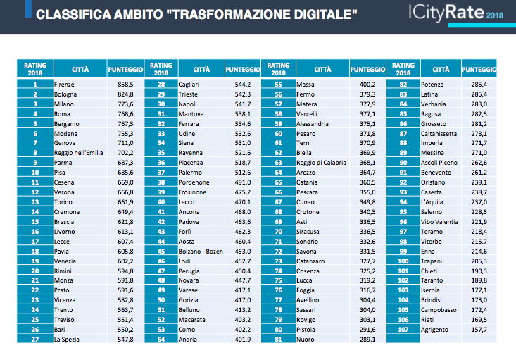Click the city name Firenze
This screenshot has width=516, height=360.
[64, 85]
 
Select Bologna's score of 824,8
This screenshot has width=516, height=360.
[125, 94]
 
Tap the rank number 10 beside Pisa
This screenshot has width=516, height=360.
[35, 173]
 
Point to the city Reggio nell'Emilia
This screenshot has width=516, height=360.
[79, 152]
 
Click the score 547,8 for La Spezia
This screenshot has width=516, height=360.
[125, 340]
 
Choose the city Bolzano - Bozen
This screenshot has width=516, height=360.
[201, 252]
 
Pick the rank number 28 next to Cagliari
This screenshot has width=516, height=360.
[161, 85]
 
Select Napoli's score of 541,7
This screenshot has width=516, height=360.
[243, 104]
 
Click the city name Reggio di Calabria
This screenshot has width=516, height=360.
[321, 162]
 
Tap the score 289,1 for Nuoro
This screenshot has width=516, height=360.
[367, 340]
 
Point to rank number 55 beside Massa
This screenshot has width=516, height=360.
[278, 85]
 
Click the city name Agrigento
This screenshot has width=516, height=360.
[435, 330]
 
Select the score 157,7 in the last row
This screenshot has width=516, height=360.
[479, 330]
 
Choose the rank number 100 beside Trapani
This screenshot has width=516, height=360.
[403, 261]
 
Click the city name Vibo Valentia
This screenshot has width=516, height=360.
[439, 222]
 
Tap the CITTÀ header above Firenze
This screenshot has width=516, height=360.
[80, 70]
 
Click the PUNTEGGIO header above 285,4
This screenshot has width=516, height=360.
[479, 70]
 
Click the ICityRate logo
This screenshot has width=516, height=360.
[455, 13]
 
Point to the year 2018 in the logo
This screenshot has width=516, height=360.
[495, 15]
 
